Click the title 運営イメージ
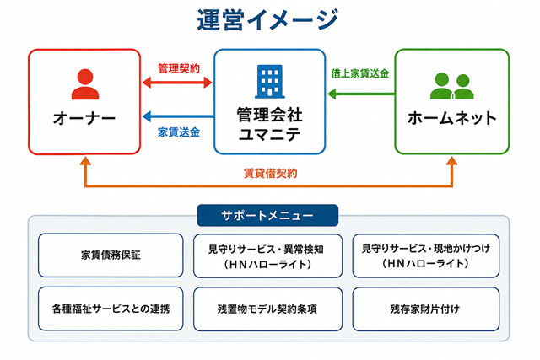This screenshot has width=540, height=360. click(267, 19)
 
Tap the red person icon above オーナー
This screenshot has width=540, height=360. click(85, 84)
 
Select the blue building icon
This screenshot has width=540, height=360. click(270, 82)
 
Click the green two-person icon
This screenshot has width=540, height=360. click(452, 86)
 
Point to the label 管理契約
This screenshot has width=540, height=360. click(179, 68)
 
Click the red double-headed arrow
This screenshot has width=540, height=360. click(177, 83)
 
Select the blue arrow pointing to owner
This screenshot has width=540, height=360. click(178, 116)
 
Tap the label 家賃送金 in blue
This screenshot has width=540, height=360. click(179, 132)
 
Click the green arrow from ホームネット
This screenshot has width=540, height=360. click(361, 94)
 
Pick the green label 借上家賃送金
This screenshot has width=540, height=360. click(360, 73)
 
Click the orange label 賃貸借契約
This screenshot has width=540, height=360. click(270, 173)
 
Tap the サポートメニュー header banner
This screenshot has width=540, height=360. click(267, 216)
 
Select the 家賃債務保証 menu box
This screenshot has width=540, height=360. click(111, 255)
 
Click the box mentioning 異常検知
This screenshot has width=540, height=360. click(268, 255)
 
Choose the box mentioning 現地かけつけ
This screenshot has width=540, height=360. click(426, 255)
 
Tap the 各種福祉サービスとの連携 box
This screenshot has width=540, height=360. click(111, 309)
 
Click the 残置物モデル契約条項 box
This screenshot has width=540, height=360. click(268, 309)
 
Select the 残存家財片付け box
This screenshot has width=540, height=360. click(426, 309)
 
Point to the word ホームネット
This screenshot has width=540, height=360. click(452, 118)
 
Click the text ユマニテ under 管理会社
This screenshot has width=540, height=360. click(270, 134)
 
